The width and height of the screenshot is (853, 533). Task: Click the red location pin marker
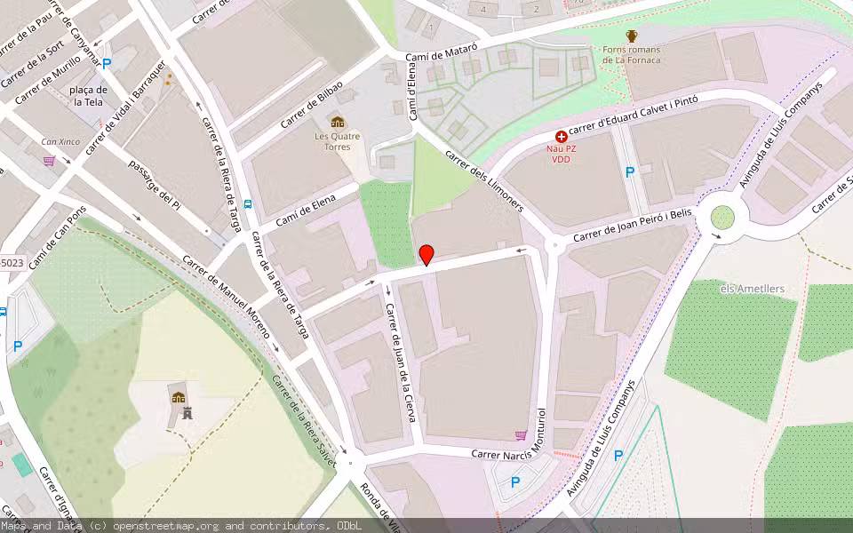(426, 255)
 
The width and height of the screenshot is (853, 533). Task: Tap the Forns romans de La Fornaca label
(631, 55)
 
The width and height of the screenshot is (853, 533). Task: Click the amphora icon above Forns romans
(632, 36)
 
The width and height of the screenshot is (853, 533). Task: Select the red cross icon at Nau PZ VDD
(561, 137)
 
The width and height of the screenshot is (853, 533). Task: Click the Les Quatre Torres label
(338, 141)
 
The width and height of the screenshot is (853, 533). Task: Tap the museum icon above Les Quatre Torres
(337, 122)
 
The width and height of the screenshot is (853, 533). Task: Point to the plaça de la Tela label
(91, 96)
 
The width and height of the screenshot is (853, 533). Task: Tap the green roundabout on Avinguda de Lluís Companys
(722, 217)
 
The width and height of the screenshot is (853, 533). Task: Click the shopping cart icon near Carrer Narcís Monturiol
(520, 435)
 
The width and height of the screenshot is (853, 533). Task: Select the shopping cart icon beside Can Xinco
(49, 160)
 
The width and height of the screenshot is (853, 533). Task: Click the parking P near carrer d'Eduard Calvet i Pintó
(630, 172)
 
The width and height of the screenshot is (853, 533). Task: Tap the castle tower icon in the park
(187, 413)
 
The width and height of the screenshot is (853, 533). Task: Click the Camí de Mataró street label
(442, 54)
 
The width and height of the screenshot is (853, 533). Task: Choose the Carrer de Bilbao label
(311, 106)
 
